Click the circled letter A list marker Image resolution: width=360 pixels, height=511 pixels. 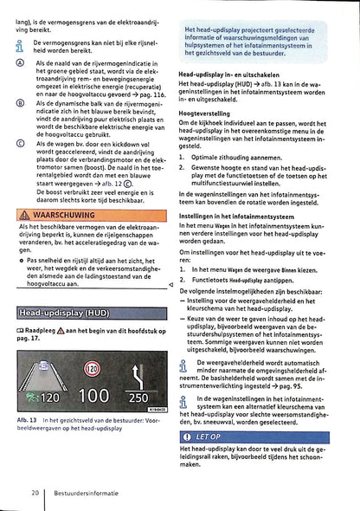coord(22,64)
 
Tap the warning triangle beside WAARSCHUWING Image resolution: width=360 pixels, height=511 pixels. coord(23,214)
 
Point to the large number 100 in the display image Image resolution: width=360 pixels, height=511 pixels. coord(93,398)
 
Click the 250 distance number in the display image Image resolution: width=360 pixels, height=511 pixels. coord(138,398)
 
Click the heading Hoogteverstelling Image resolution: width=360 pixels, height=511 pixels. coord(203,113)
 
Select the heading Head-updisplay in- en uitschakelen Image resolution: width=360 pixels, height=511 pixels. coord(234,75)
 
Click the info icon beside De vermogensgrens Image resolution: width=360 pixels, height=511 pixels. coord(22,44)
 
